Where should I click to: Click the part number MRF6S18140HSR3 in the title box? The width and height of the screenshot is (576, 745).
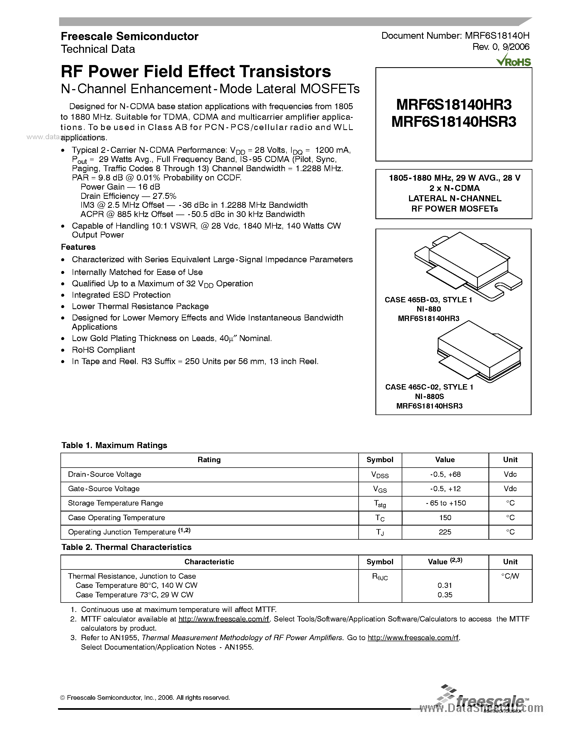pyautogui.click(x=453, y=122)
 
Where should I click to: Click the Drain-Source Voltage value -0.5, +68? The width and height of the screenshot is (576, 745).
pyautogui.click(x=445, y=474)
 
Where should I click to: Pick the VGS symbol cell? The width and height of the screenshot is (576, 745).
pyautogui.click(x=380, y=489)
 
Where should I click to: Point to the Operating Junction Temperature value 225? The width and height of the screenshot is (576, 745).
pyautogui.click(x=445, y=532)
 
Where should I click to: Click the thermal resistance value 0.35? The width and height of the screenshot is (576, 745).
pyautogui.click(x=445, y=595)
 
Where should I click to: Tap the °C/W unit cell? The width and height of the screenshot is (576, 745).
pyautogui.click(x=510, y=576)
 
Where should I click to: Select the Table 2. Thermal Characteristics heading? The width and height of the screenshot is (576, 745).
pyautogui.click(x=126, y=547)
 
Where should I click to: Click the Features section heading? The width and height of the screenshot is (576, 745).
pyautogui.click(x=78, y=247)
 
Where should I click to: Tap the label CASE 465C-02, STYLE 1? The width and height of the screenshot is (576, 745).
pyautogui.click(x=429, y=387)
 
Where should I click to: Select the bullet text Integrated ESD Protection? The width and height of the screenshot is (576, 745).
pyautogui.click(x=121, y=295)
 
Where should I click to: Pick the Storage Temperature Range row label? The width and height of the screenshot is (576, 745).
pyautogui.click(x=115, y=503)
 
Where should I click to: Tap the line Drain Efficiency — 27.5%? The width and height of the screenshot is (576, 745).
pyautogui.click(x=128, y=196)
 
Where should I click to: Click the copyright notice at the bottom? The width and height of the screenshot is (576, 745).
pyautogui.click(x=145, y=698)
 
